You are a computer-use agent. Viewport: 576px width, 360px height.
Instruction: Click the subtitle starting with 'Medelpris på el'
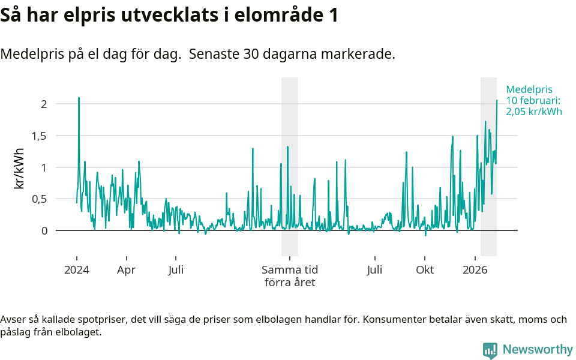click(197, 54)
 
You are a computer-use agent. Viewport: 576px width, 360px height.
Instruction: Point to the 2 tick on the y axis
click(43, 104)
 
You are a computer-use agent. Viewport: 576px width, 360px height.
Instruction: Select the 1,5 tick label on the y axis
click(38, 136)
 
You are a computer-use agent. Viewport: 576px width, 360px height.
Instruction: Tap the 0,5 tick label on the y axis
click(38, 199)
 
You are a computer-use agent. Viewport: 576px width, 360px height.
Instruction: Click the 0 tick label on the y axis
click(43, 231)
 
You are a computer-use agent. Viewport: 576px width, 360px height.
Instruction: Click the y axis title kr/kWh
click(19, 168)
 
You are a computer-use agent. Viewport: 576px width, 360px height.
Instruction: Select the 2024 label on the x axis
click(77, 270)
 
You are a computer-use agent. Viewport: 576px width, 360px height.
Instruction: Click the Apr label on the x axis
click(127, 270)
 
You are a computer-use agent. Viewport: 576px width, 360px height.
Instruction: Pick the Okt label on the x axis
click(425, 270)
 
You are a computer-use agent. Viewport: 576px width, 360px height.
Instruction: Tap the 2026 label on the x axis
click(475, 270)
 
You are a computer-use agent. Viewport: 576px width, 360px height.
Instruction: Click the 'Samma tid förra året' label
click(290, 276)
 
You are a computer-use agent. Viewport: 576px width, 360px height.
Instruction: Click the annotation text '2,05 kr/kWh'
click(534, 111)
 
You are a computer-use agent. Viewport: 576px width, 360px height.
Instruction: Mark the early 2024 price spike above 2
click(79, 98)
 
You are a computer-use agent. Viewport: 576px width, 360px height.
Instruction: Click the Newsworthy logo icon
click(490, 350)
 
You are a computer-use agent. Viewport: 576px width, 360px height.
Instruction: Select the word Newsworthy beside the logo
click(538, 350)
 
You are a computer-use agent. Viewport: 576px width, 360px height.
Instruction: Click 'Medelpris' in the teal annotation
click(529, 89)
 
